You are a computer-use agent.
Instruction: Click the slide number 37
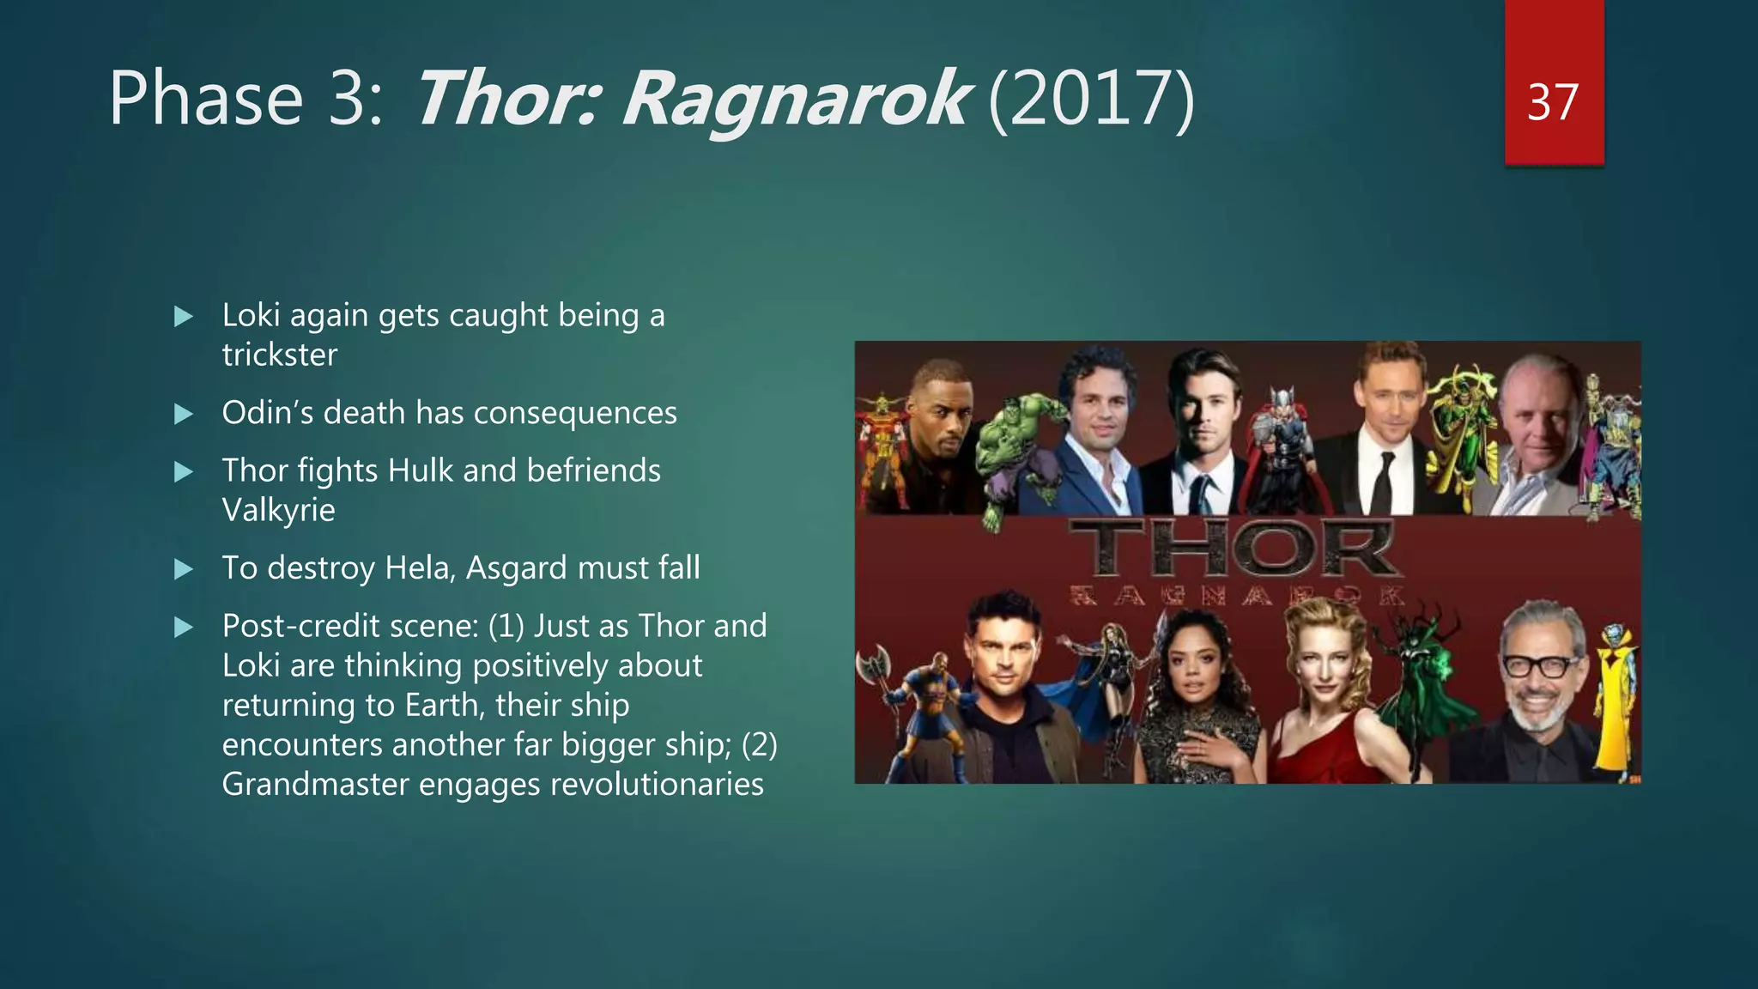click(1553, 102)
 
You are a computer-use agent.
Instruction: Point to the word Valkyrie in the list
click(278, 510)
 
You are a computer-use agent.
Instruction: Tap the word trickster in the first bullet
click(280, 355)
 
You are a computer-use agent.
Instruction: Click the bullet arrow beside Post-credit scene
click(184, 628)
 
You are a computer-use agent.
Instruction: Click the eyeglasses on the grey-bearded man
click(1541, 665)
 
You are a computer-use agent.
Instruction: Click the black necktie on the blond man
click(1382, 481)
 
